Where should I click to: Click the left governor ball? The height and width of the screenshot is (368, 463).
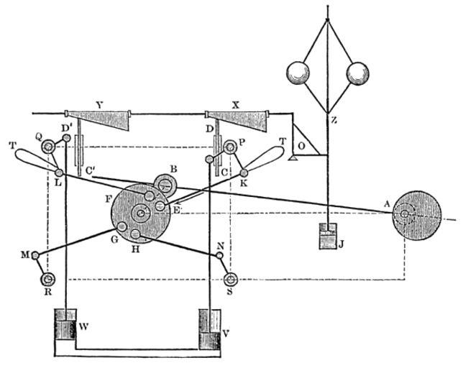[x=298, y=74]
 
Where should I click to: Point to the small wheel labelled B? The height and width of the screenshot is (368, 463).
[x=165, y=185]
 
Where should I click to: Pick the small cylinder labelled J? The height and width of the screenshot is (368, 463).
[x=329, y=236]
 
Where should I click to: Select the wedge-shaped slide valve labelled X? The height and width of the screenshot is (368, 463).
[x=241, y=121]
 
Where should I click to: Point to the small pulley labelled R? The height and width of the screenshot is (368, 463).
[x=48, y=279]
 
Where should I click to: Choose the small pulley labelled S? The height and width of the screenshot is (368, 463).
[x=232, y=279]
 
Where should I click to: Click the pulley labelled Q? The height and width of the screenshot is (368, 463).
[x=48, y=148]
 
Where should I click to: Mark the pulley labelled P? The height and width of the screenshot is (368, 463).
[x=230, y=147]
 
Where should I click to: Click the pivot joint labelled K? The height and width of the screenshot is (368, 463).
[x=244, y=172]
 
